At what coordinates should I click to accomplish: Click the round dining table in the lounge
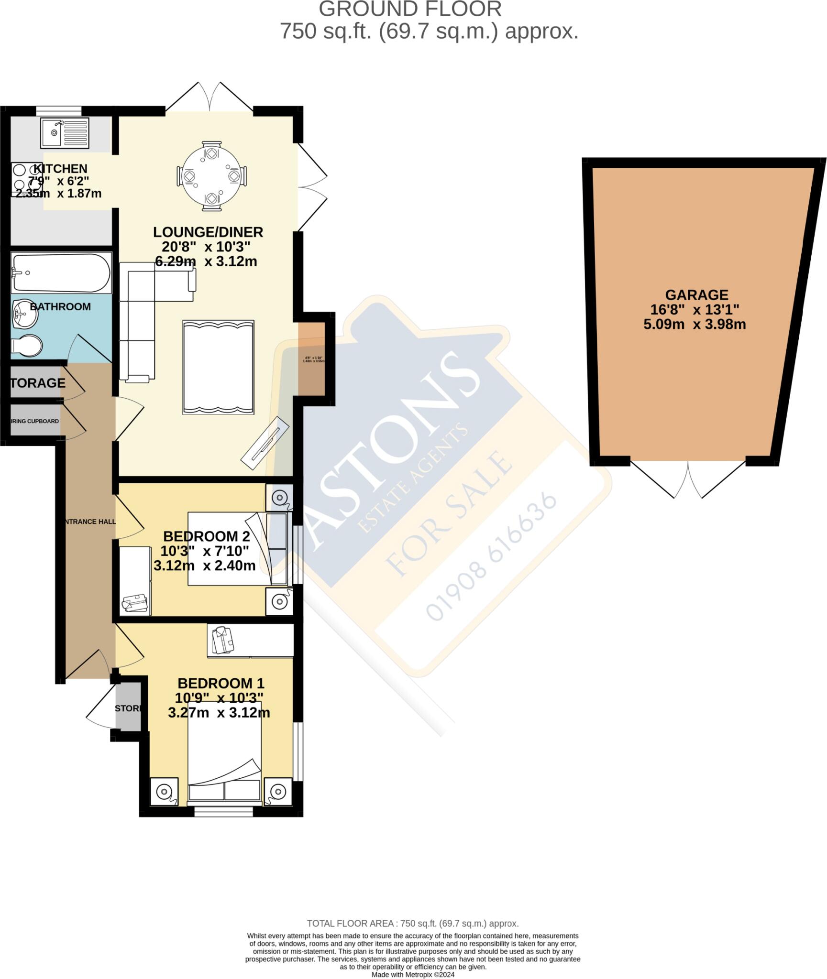211,176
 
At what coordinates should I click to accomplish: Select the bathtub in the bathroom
61,273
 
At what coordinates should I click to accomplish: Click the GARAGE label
696,295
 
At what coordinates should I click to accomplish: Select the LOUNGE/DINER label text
208,232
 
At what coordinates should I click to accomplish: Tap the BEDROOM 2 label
207,536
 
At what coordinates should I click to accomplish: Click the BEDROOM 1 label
221,683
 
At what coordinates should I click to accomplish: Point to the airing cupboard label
35,421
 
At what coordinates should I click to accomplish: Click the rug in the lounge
218,367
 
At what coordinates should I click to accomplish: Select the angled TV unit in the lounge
265,439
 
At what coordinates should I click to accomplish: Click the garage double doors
688,479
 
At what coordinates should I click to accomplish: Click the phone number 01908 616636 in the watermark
491,556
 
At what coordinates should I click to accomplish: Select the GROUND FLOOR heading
410,10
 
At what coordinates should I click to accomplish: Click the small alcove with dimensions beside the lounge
312,359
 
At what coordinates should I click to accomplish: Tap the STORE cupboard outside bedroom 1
128,708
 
